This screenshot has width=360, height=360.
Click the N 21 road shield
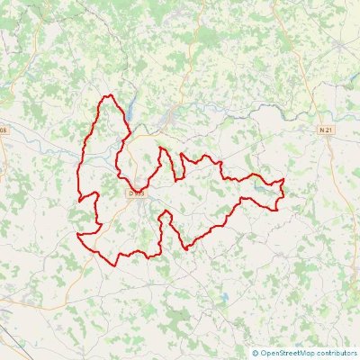[x=326, y=130]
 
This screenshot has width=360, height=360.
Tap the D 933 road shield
[x=137, y=193]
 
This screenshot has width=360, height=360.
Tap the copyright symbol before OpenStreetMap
[x=256, y=353]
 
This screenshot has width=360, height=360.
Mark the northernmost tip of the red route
[x=108, y=95]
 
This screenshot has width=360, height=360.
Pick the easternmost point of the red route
[x=284, y=182]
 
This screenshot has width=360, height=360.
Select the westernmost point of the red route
[x=77, y=236]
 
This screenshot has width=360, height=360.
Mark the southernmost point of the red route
[x=113, y=264]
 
